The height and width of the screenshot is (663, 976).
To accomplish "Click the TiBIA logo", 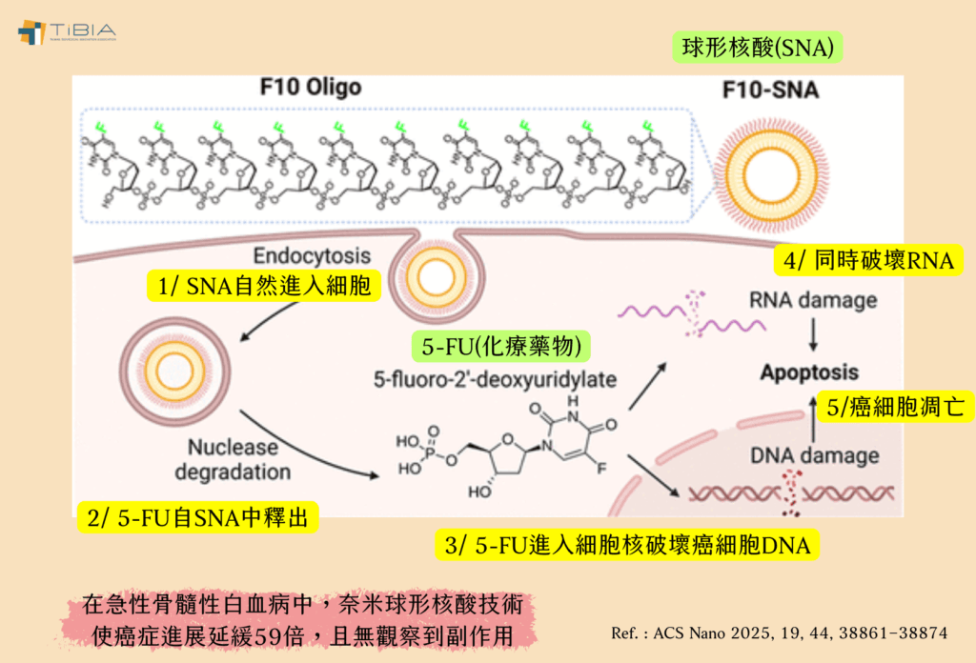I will [x=66, y=30].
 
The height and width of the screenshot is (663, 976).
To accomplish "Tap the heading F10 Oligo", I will [x=311, y=88].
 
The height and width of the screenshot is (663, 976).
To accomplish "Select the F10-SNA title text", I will [x=771, y=92].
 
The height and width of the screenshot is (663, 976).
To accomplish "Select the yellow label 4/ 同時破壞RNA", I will [x=867, y=260].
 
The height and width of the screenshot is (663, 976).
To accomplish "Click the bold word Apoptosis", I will [x=809, y=372].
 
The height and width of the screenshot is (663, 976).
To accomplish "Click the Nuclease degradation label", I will [x=239, y=458].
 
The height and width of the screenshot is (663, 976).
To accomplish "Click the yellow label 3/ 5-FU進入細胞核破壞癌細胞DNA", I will [x=627, y=545].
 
